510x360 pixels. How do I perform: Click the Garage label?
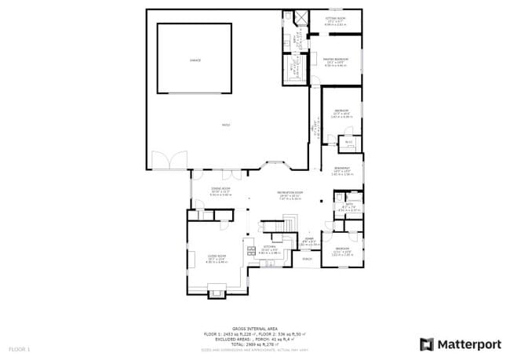point(195,60)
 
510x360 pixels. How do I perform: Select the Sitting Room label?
point(335,16)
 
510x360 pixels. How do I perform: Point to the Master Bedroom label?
point(335,58)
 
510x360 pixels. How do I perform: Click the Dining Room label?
point(220,189)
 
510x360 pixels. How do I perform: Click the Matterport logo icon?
point(427,344)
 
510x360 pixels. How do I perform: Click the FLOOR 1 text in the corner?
point(19,347)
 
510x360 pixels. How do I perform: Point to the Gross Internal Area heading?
point(255,329)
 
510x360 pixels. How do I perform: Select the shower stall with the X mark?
point(299,17)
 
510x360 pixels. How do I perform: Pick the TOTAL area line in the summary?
point(254,344)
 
